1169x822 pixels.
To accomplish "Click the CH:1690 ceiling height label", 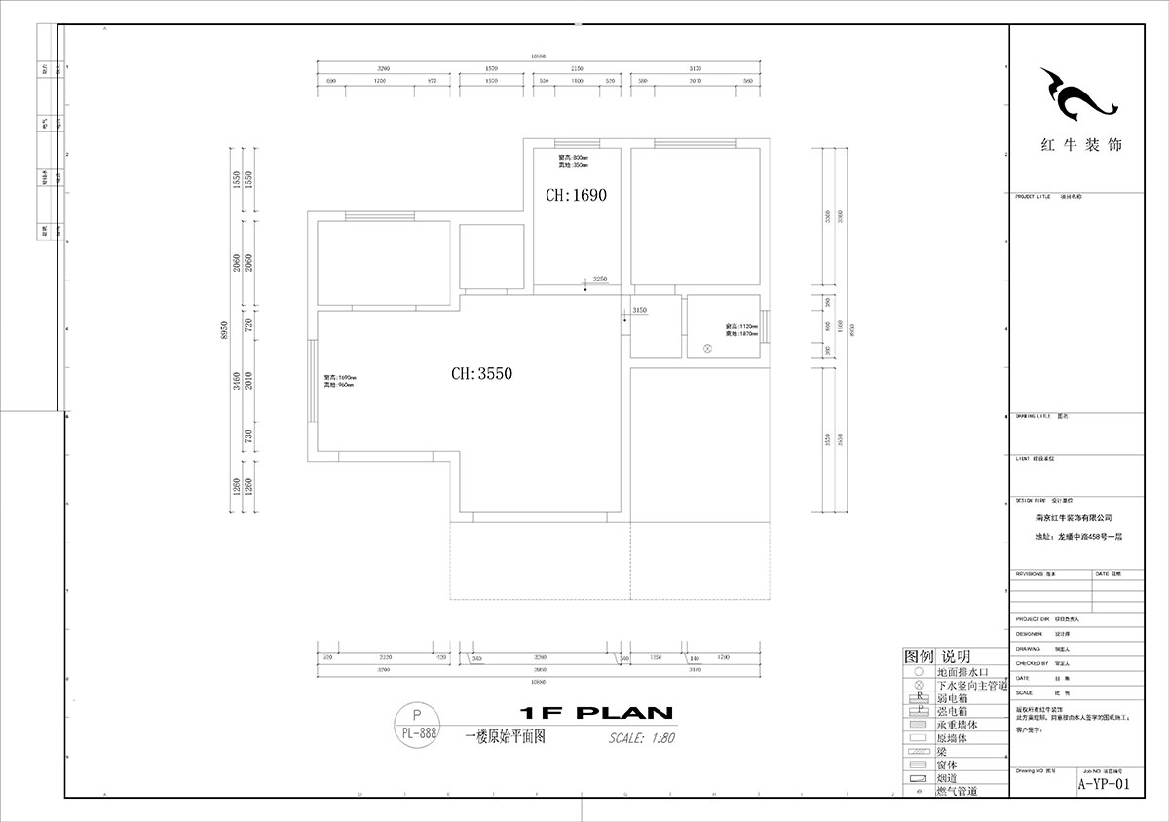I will (577, 195).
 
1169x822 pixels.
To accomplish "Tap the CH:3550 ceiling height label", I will (481, 373).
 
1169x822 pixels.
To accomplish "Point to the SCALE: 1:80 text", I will (642, 737).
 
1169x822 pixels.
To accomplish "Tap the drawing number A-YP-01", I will (1104, 784).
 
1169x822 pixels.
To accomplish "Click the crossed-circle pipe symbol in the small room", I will (708, 348).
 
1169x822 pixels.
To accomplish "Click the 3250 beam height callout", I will (600, 279).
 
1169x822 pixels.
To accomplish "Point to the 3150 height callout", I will (639, 310).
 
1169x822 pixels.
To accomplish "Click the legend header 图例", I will (919, 656).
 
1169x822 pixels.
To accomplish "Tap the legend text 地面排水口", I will (962, 672).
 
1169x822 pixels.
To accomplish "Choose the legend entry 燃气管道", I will (956, 793).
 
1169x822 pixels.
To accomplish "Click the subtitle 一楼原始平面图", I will (506, 737).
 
